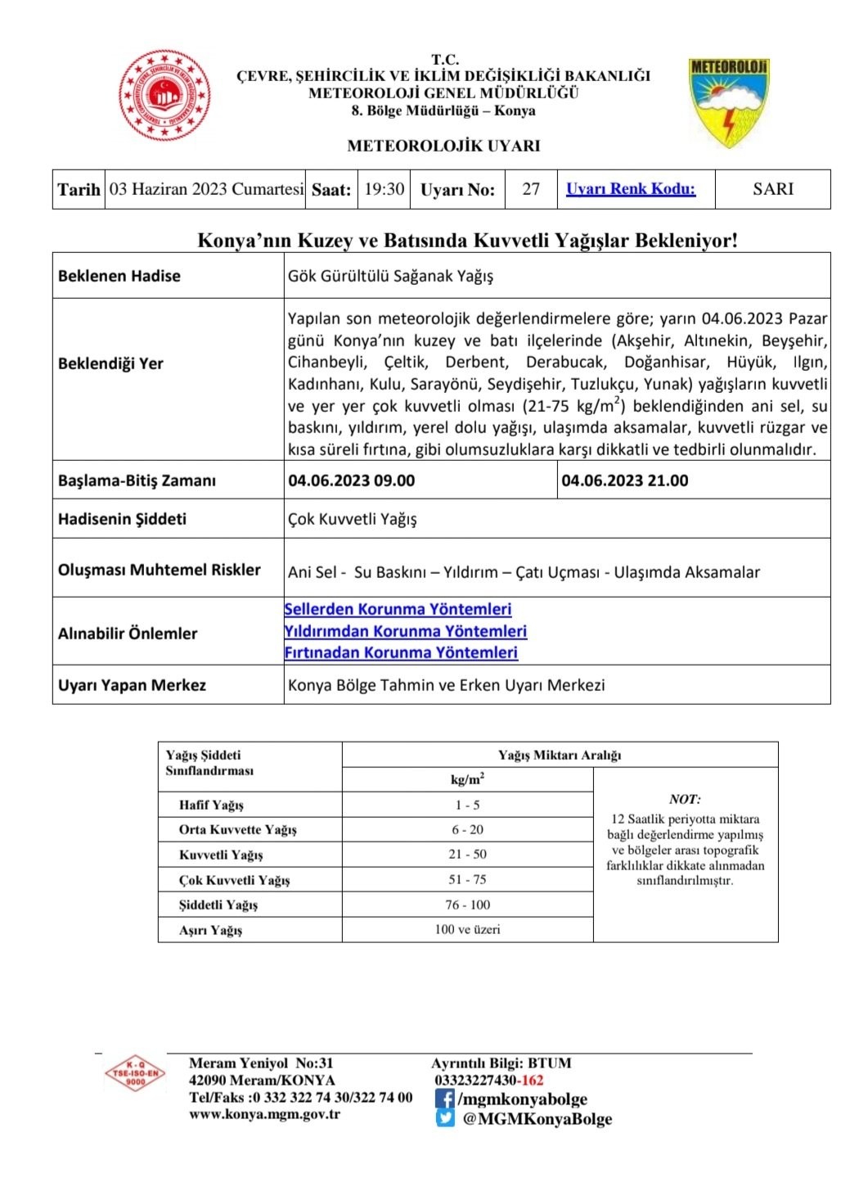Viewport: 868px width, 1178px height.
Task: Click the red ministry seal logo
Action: pyautogui.click(x=164, y=95)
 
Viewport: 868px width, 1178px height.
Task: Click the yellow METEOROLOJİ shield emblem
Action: pyautogui.click(x=729, y=102)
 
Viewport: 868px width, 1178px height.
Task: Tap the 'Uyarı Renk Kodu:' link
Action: pyautogui.click(x=631, y=189)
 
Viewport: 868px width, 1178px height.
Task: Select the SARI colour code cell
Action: pyautogui.click(x=773, y=189)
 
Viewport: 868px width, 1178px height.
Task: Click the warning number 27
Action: pyautogui.click(x=531, y=189)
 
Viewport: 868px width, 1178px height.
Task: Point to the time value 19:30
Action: pyautogui.click(x=385, y=189)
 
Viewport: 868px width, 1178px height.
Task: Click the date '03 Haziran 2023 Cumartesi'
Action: pyautogui.click(x=206, y=189)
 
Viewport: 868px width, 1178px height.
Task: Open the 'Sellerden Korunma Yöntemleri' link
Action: pyautogui.click(x=398, y=609)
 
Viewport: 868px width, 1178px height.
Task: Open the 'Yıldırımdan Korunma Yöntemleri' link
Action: pyautogui.click(x=405, y=631)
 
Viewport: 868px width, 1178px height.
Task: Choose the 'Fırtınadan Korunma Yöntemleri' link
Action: pyautogui.click(x=401, y=652)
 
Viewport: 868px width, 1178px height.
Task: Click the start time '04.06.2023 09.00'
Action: pyautogui.click(x=352, y=481)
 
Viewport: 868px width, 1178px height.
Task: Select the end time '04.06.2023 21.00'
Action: pyautogui.click(x=625, y=481)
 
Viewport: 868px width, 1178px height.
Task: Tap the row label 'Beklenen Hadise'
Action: pyautogui.click(x=119, y=276)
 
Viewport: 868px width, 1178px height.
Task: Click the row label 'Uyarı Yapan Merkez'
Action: pyautogui.click(x=132, y=685)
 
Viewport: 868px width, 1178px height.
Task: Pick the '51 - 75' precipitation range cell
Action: pyautogui.click(x=467, y=879)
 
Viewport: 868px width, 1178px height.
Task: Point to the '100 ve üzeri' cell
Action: pyautogui.click(x=467, y=929)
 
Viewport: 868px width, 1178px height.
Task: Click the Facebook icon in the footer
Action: pyautogui.click(x=444, y=1099)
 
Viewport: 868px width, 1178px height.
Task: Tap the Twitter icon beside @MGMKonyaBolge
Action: pyautogui.click(x=444, y=1118)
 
